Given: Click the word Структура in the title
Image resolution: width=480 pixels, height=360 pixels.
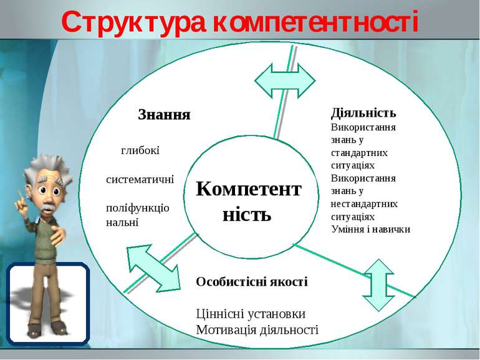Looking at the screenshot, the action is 133,22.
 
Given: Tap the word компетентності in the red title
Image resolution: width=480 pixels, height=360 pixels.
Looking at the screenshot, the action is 315,22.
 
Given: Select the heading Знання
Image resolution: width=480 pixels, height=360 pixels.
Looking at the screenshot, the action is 164,115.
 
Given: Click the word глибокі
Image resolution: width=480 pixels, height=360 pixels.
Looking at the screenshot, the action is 140,150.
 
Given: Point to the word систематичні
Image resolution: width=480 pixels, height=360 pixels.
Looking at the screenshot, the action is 140,179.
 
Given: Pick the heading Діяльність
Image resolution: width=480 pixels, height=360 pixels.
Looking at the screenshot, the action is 363,113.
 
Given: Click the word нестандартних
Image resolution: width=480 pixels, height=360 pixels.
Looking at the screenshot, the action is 364,204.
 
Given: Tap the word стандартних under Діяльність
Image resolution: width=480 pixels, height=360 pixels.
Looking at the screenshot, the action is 359,153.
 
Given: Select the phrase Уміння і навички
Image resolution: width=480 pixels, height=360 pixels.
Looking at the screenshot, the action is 370,229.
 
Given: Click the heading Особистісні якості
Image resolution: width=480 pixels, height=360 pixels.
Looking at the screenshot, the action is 252,281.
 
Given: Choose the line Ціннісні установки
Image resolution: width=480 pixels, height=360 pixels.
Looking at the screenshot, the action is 251,314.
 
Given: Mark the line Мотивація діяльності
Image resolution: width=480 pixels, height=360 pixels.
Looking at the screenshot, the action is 257,329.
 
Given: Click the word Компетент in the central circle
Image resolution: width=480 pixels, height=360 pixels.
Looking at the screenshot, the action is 249,188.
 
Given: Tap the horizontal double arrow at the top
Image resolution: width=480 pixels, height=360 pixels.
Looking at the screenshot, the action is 285,80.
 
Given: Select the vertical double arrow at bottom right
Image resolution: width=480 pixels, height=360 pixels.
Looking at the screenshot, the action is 378,285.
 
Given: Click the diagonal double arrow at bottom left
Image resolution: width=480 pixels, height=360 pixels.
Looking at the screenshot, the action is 154,268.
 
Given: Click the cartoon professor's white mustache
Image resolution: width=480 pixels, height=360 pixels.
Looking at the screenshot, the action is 49,208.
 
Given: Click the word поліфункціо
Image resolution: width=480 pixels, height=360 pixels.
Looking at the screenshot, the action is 137,208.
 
